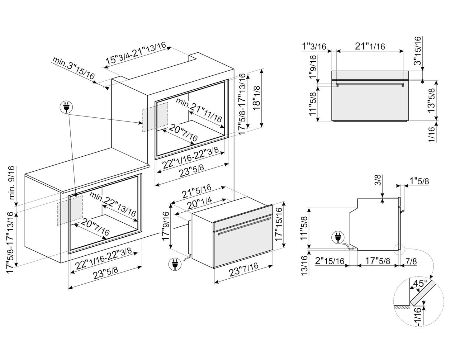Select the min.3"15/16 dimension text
tap(73, 68)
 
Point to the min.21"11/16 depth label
tap(199, 110)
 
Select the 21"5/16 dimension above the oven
tap(197, 192)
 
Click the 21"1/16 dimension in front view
tap(370, 46)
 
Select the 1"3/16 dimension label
tap(314, 46)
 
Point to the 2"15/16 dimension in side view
tap(330, 261)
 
